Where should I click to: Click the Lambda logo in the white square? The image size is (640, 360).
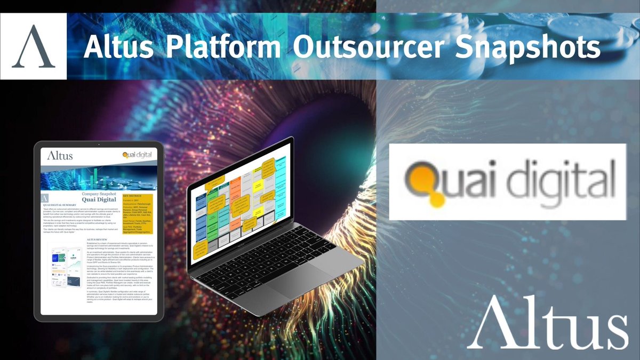tap(33, 46)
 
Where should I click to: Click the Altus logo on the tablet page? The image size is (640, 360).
tap(59, 156)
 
